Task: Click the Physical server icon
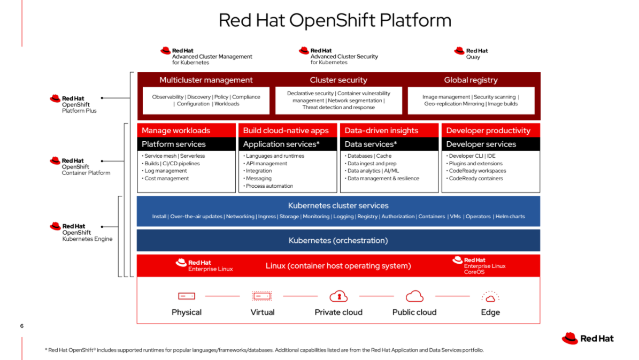187,296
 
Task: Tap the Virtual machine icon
262,296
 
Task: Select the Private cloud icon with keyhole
338,296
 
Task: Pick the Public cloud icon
414,296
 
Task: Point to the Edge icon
490,296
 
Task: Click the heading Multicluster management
206,80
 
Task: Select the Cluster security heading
338,80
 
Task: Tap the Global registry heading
471,80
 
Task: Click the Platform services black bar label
174,144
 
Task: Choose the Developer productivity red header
488,131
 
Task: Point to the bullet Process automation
270,186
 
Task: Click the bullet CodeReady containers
476,178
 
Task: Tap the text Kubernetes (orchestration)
338,241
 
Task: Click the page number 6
22,326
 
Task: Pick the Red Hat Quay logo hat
459,51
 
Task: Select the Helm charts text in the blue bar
510,217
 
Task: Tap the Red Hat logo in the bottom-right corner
588,339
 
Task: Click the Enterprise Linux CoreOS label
484,269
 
